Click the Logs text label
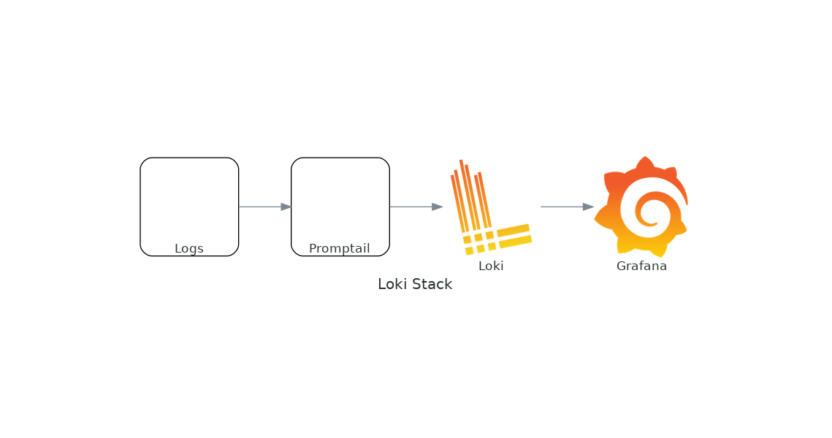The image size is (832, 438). click(188, 249)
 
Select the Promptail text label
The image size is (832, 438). click(339, 249)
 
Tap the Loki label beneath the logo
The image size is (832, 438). click(491, 266)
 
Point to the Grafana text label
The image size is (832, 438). click(641, 266)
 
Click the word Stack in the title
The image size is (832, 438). click(432, 285)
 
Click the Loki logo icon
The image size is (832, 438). click(486, 208)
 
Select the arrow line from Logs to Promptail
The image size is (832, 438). click(259, 207)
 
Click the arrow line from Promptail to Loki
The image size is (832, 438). click(410, 207)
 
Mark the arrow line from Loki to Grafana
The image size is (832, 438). click(561, 207)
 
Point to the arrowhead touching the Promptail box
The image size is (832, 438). click(286, 207)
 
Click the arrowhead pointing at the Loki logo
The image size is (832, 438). click(438, 207)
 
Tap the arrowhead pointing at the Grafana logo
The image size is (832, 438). click(588, 207)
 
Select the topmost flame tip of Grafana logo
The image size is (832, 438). click(644, 159)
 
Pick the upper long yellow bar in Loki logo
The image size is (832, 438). click(513, 230)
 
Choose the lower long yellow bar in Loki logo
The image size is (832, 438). click(515, 242)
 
